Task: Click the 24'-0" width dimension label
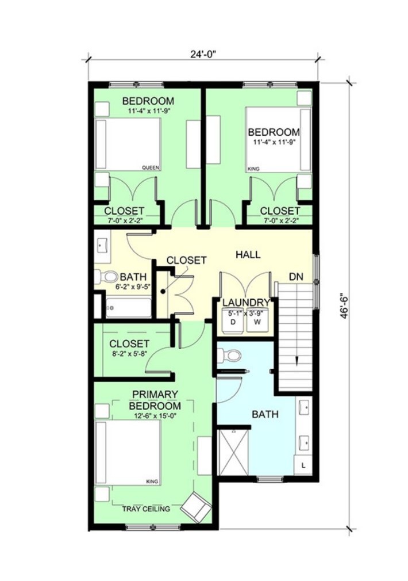[x=203, y=54]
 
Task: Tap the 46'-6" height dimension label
[x=344, y=307]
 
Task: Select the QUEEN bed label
[x=151, y=168]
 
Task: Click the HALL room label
[x=248, y=255]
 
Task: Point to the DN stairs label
[x=296, y=277]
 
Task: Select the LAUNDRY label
[x=246, y=303]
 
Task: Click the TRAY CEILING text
[x=146, y=509]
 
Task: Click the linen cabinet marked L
[x=303, y=465]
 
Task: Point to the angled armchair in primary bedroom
[x=196, y=507]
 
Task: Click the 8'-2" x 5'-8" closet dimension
[x=129, y=353]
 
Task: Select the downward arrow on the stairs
[x=297, y=360]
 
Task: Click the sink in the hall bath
[x=102, y=246]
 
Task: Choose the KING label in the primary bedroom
[x=152, y=481]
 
